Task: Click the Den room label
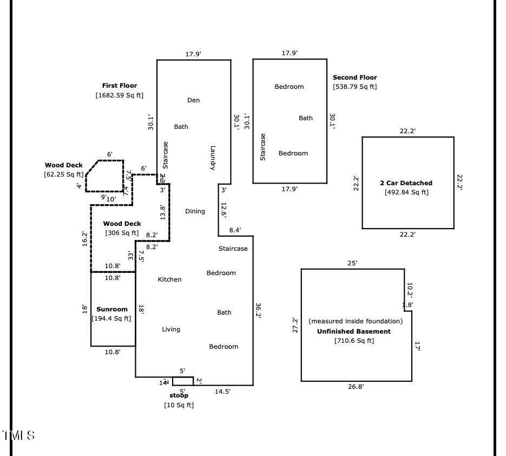click(193, 100)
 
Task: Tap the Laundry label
click(213, 158)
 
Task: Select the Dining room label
click(195, 211)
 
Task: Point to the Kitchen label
click(169, 279)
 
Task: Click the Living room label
click(171, 329)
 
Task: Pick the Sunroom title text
click(112, 309)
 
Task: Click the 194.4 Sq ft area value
click(111, 318)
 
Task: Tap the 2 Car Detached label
click(406, 183)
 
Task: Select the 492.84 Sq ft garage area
click(406, 192)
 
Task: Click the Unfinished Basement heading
click(353, 331)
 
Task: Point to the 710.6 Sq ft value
click(354, 341)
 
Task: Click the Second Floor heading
click(354, 77)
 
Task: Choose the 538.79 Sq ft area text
click(354, 87)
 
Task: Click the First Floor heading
click(120, 86)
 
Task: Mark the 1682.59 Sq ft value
click(120, 95)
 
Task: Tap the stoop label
click(179, 396)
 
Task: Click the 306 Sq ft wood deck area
click(122, 233)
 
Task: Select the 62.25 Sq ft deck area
click(64, 174)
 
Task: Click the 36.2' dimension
click(258, 311)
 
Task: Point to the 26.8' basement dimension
click(356, 387)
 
